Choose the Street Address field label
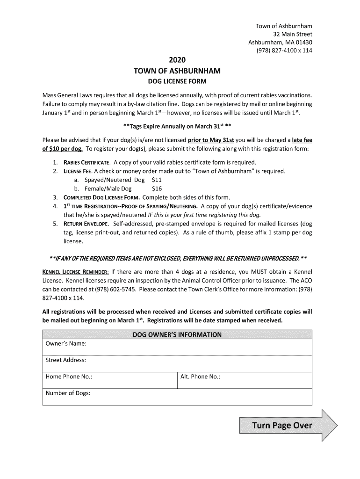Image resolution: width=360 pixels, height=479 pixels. click(x=65, y=360)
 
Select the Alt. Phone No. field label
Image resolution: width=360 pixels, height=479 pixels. click(x=200, y=377)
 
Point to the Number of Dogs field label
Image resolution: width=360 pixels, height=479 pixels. click(x=68, y=393)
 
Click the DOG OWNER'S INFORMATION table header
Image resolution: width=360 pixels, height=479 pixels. click(x=177, y=334)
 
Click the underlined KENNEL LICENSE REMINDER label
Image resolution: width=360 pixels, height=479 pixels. click(x=76, y=272)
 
